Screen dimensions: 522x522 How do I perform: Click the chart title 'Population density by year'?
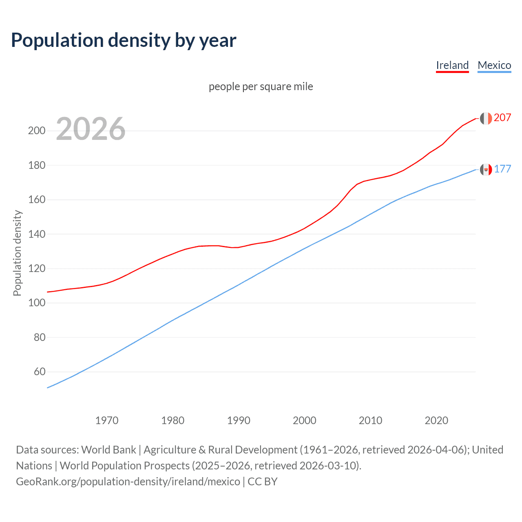pyautogui.click(x=124, y=40)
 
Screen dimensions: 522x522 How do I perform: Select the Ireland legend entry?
pyautogui.click(x=452, y=65)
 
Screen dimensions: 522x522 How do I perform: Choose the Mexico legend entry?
pyautogui.click(x=494, y=65)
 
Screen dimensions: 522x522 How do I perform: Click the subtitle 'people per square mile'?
pyautogui.click(x=261, y=86)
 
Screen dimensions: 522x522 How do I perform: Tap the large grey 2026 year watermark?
pyautogui.click(x=91, y=129)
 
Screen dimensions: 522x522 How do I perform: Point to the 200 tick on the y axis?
pyautogui.click(x=36, y=131)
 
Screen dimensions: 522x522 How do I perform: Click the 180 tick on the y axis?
pyautogui.click(x=36, y=166)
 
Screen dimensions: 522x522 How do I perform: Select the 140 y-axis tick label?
pyautogui.click(x=36, y=234)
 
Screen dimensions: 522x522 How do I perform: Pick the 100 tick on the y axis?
pyautogui.click(x=36, y=303)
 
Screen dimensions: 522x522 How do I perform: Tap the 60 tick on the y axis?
pyautogui.click(x=40, y=372)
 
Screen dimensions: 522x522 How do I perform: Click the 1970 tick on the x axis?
pyautogui.click(x=107, y=420)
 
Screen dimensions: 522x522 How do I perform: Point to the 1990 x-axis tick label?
pyautogui.click(x=239, y=420)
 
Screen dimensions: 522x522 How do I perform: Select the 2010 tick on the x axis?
pyautogui.click(x=370, y=420)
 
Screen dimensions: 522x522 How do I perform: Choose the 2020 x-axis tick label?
pyautogui.click(x=436, y=420)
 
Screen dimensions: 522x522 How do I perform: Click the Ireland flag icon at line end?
pyautogui.click(x=486, y=118)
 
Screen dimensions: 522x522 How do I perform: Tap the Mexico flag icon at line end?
pyautogui.click(x=486, y=169)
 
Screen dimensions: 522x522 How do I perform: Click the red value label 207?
pyautogui.click(x=502, y=118)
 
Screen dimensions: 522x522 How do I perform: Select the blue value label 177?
pyautogui.click(x=502, y=169)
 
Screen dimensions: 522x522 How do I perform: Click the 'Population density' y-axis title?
pyautogui.click(x=17, y=253)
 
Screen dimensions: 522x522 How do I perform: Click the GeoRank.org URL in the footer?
pyautogui.click(x=128, y=482)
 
